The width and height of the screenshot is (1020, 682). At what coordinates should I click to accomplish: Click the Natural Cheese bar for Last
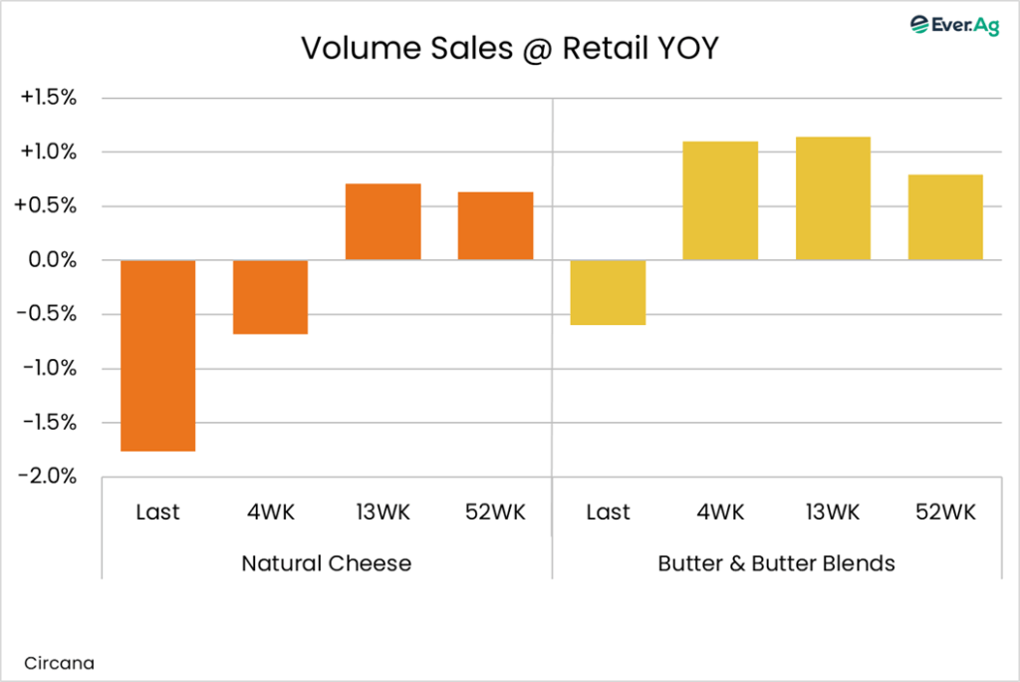(x=157, y=355)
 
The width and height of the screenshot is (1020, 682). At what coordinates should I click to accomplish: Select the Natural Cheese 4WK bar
(x=270, y=297)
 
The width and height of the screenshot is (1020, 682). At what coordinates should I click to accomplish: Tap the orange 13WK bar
(x=382, y=221)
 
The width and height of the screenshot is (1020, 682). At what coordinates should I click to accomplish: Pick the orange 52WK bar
(x=495, y=225)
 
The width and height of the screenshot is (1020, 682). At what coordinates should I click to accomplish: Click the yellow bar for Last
(x=608, y=292)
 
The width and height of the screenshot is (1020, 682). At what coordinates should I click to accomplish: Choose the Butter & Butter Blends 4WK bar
(x=720, y=200)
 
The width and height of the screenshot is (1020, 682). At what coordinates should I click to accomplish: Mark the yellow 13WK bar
(x=833, y=198)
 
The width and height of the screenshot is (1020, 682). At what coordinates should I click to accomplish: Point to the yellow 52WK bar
(x=945, y=217)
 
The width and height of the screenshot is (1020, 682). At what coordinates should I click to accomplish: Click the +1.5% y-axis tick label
(x=49, y=99)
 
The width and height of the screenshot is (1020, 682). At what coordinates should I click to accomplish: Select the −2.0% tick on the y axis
(x=49, y=477)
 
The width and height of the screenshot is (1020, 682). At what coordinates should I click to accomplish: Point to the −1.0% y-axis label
(x=49, y=369)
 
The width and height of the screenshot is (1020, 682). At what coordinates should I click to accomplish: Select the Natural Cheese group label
(x=326, y=563)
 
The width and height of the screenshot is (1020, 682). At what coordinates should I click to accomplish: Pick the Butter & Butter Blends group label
(x=776, y=563)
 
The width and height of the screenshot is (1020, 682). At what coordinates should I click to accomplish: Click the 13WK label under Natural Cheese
(x=382, y=512)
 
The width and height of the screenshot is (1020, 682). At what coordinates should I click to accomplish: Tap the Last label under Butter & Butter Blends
(x=608, y=512)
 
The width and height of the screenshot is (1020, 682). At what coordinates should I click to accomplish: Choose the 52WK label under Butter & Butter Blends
(x=945, y=512)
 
